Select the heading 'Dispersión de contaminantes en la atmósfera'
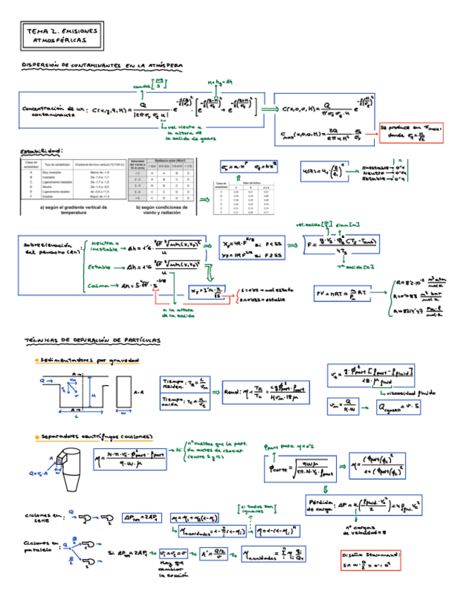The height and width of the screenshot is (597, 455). coord(104,65)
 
